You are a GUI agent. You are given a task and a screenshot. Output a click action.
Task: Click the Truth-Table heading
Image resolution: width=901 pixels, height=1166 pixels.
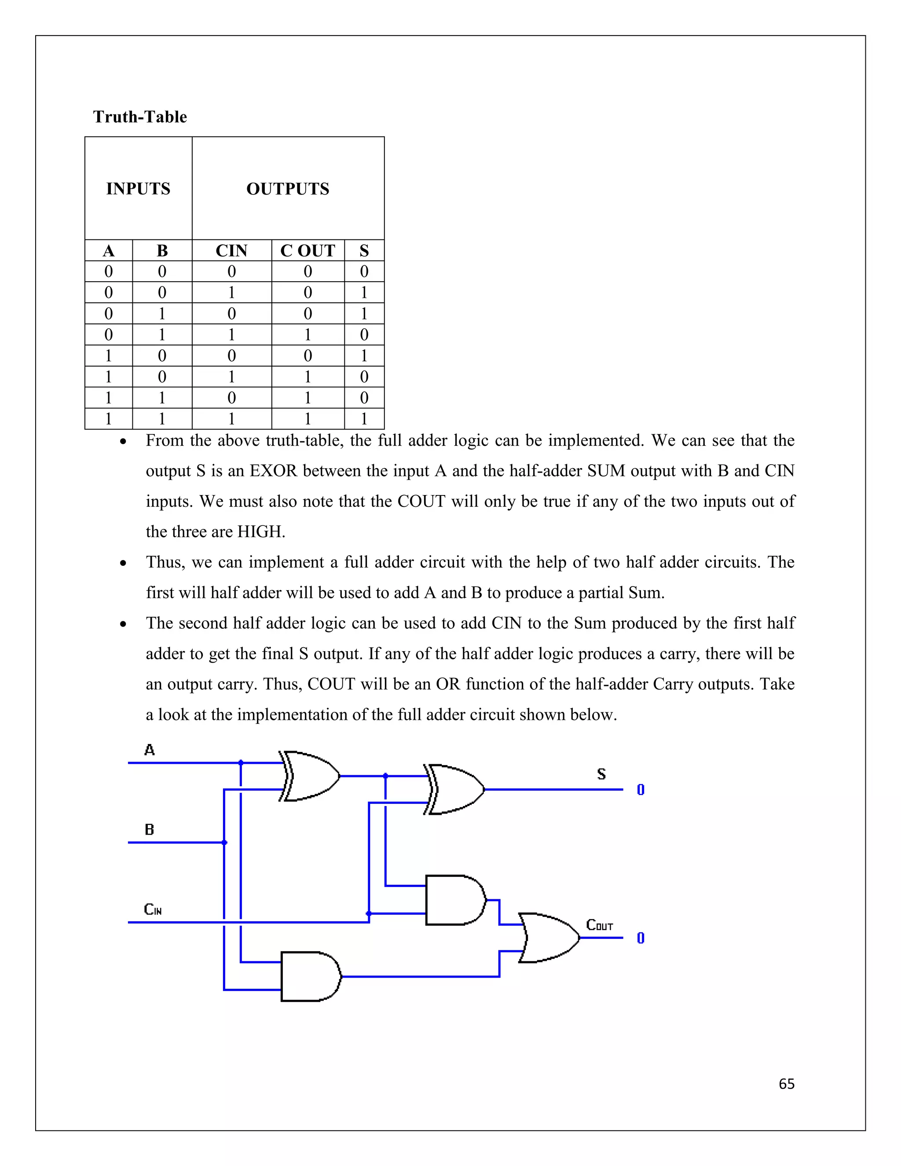pyautogui.click(x=140, y=117)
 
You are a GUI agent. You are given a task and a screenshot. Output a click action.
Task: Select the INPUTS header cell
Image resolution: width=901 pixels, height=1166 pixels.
pyautogui.click(x=138, y=188)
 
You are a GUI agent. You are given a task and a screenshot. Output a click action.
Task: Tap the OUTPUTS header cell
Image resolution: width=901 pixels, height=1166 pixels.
pyautogui.click(x=288, y=188)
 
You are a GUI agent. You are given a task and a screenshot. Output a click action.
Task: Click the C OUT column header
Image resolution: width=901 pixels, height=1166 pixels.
pyautogui.click(x=308, y=250)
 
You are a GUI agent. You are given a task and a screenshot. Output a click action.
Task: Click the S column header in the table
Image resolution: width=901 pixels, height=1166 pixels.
pyautogui.click(x=364, y=250)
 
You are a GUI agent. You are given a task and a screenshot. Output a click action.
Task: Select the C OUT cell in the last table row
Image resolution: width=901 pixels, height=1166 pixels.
pyautogui.click(x=308, y=418)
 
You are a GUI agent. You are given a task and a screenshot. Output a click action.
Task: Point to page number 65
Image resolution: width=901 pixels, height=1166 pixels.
pyautogui.click(x=786, y=1084)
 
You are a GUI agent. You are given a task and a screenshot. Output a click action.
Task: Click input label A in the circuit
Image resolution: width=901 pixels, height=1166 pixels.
pyautogui.click(x=150, y=750)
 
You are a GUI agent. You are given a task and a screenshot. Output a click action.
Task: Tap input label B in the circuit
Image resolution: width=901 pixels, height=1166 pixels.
pyautogui.click(x=150, y=830)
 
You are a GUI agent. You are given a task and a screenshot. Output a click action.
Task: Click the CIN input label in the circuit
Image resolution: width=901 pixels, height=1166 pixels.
pyautogui.click(x=153, y=909)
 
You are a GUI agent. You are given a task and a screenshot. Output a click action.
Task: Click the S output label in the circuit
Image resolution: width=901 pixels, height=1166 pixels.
pyautogui.click(x=601, y=774)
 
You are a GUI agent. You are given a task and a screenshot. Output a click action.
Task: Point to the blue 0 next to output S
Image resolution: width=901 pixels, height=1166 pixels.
pyautogui.click(x=641, y=790)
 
